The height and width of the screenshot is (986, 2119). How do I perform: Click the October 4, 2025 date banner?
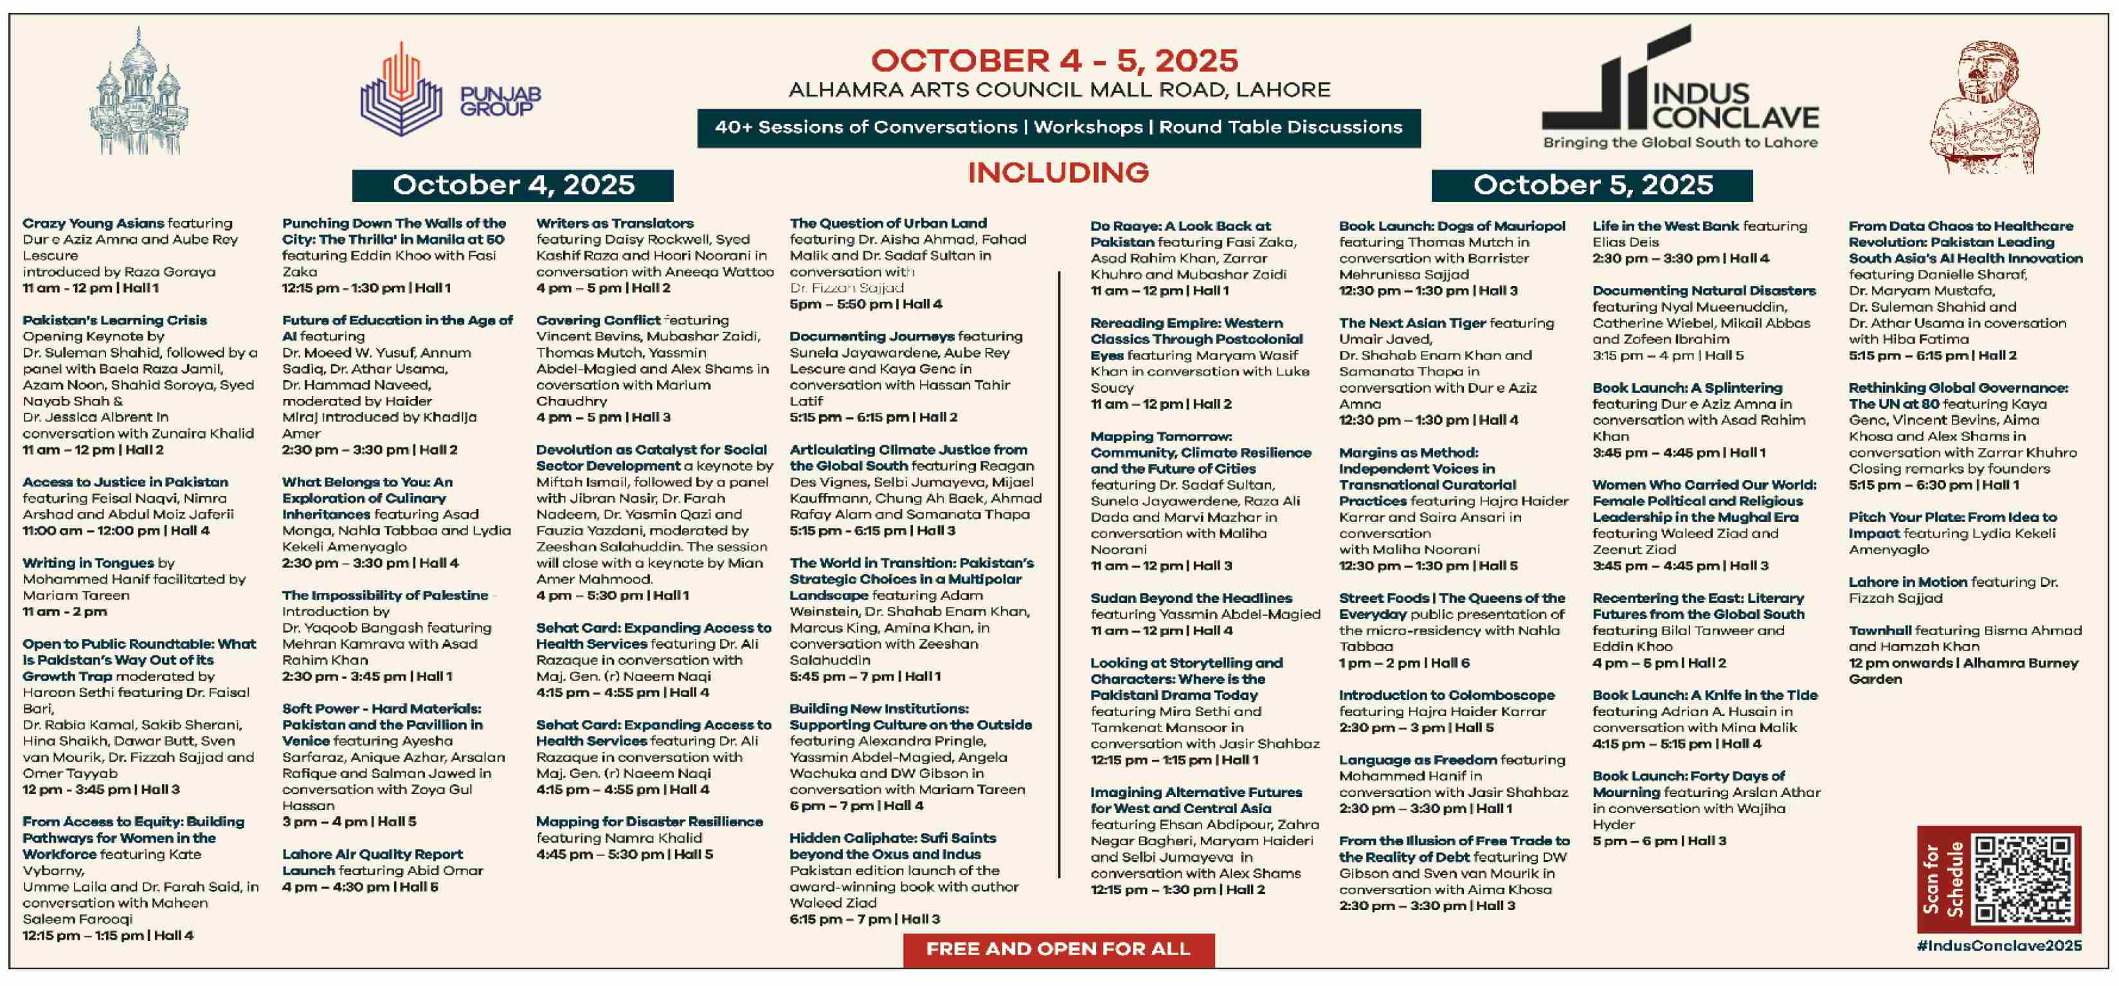pyautogui.click(x=512, y=185)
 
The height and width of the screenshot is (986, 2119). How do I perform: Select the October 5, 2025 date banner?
pyautogui.click(x=1592, y=185)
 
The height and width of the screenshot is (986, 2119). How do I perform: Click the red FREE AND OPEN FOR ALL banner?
pyautogui.click(x=1058, y=949)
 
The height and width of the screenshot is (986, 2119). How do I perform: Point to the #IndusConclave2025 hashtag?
pyautogui.click(x=1999, y=946)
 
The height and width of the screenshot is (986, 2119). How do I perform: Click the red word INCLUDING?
pyautogui.click(x=1058, y=173)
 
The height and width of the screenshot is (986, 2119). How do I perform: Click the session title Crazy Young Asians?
pyautogui.click(x=93, y=223)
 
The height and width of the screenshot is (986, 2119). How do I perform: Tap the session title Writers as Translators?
pyautogui.click(x=615, y=223)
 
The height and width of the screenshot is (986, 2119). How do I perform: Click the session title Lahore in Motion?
pyautogui.click(x=1907, y=582)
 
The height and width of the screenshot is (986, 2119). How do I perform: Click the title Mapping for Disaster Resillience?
pyautogui.click(x=649, y=821)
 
